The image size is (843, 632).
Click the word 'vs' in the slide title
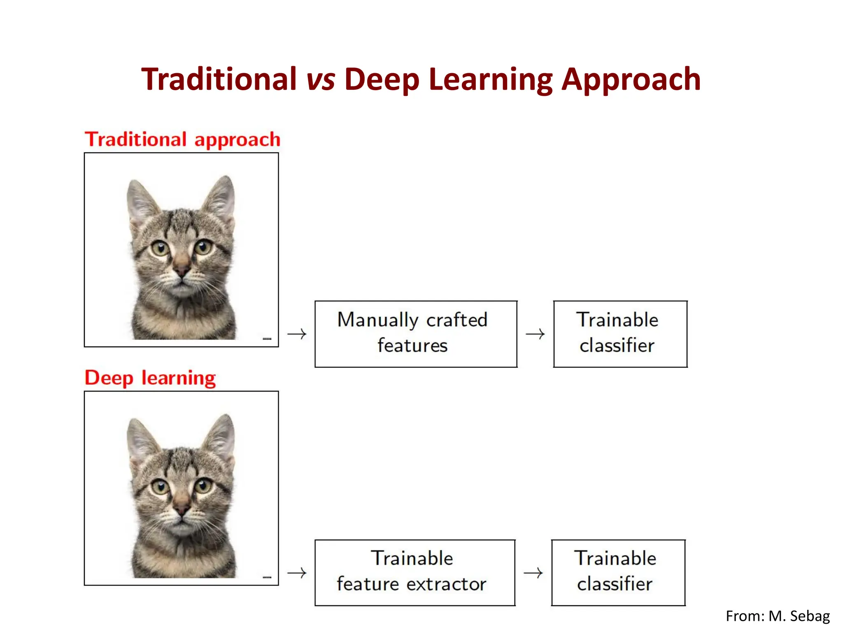click(x=321, y=79)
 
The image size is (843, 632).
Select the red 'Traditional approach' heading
click(x=182, y=139)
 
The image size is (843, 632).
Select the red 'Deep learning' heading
click(x=150, y=378)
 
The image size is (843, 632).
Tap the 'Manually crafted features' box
click(x=416, y=334)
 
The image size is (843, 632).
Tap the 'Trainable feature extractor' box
click(x=415, y=572)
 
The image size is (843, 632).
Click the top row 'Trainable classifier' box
click(x=620, y=334)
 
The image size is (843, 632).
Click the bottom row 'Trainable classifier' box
click(x=618, y=572)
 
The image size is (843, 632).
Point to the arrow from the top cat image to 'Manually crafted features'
click(x=297, y=334)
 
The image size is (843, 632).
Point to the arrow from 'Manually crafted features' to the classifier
click(x=535, y=334)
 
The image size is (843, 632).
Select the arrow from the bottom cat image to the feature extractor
click(x=297, y=572)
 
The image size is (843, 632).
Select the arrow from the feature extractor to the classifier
click(x=533, y=572)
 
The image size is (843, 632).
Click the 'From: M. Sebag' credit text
click(x=778, y=616)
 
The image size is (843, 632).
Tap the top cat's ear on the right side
click(x=220, y=198)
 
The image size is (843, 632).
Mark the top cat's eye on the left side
click(x=159, y=248)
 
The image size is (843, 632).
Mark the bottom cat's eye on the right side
click(x=203, y=486)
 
